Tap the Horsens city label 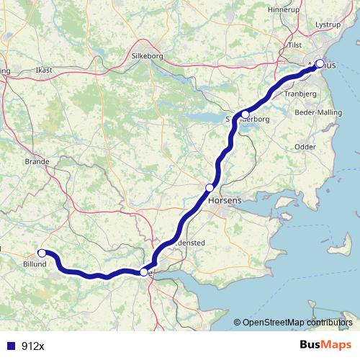click(x=224, y=202)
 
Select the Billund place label click(x=35, y=264)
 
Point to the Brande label click(x=37, y=162)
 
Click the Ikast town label click(x=45, y=71)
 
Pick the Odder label click(x=305, y=146)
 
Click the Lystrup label click(x=328, y=24)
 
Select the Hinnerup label click(x=282, y=9)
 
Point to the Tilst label click(x=294, y=45)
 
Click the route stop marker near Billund click(x=42, y=253)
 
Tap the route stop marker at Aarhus click(x=320, y=63)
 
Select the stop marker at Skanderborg click(x=245, y=114)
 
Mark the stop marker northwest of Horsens click(x=210, y=188)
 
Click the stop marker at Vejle click(x=144, y=272)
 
